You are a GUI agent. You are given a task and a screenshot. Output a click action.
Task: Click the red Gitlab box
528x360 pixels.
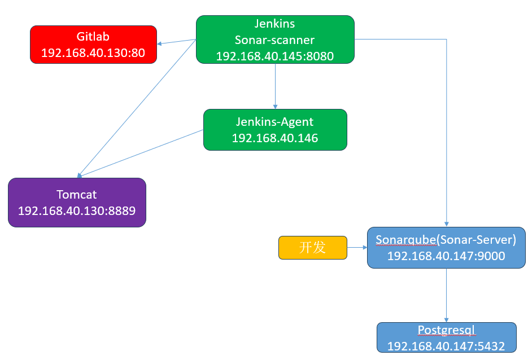[93, 44]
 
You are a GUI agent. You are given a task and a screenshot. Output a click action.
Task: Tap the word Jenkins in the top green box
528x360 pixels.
[274, 24]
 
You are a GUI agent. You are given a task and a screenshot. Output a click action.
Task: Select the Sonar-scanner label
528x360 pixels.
[274, 40]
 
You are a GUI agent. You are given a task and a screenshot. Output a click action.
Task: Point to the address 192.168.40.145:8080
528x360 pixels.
[274, 56]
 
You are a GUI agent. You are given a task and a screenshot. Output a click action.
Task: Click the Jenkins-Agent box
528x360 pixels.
[274, 129]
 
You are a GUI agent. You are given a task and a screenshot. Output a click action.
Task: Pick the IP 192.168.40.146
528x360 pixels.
[274, 138]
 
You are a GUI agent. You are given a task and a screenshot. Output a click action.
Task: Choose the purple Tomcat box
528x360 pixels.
[77, 202]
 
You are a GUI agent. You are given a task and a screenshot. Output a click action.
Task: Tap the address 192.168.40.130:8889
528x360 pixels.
[77, 210]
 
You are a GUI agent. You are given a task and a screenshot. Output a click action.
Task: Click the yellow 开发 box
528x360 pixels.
[312, 247]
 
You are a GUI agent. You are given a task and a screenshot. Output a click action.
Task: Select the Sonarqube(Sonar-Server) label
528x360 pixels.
[446, 240]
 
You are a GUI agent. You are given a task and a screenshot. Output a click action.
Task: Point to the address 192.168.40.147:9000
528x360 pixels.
[446, 256]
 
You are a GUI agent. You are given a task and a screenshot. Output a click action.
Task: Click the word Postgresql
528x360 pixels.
[446, 330]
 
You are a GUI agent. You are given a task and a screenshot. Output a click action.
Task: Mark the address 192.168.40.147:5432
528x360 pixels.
[446, 345]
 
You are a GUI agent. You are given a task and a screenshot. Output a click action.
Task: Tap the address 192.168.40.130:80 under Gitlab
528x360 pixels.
[93, 53]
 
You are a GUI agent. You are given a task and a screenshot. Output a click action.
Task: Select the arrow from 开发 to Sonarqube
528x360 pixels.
[356, 247]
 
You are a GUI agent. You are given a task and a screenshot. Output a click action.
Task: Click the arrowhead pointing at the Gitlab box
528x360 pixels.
[160, 44]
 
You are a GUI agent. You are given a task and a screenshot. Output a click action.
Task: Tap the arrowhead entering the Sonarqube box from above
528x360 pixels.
[447, 224]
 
